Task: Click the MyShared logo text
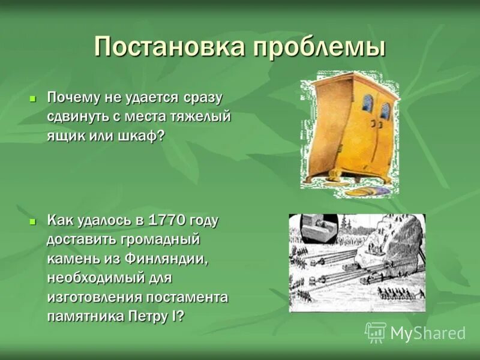427,333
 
